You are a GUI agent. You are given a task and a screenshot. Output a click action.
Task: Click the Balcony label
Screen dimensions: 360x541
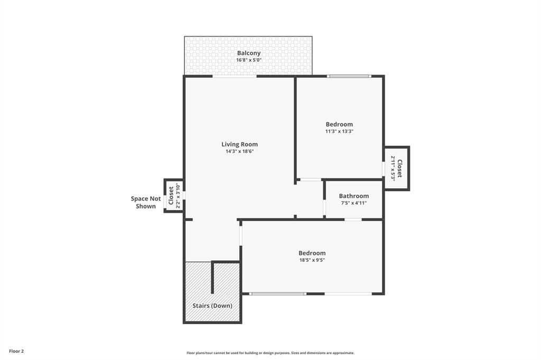tap(248, 53)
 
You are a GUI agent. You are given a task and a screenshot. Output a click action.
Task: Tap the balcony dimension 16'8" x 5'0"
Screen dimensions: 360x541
tap(248, 61)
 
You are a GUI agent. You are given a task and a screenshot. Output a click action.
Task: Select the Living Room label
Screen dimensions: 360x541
tap(239, 144)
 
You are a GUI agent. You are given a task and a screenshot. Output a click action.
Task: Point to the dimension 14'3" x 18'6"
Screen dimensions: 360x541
tap(239, 152)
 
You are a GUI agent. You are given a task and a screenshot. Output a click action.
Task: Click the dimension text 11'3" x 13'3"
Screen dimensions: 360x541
tap(339, 131)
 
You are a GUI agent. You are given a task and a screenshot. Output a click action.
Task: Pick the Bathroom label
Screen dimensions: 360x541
tap(353, 196)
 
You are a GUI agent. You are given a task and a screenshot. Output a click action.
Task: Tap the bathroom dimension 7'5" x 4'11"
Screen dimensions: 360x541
tap(353, 203)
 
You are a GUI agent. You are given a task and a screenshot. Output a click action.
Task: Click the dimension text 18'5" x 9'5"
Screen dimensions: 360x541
tap(312, 260)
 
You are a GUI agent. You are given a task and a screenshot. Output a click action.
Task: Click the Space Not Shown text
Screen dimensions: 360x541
tap(146, 202)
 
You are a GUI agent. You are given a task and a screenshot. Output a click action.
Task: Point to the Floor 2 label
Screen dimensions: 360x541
tap(16, 351)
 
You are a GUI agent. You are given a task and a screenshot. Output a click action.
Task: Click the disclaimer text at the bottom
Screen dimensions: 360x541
tap(270, 353)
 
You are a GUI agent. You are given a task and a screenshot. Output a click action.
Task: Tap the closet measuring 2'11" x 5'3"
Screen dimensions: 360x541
tap(396, 168)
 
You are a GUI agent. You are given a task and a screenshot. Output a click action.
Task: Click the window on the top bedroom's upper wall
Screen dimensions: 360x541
tap(349, 77)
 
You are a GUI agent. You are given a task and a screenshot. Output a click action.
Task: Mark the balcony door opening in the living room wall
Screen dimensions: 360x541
tap(235, 77)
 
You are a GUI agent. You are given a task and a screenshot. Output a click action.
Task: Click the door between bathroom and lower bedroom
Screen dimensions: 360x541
tap(353, 219)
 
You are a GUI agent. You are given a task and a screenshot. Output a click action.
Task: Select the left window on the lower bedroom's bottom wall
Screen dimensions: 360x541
tap(277, 293)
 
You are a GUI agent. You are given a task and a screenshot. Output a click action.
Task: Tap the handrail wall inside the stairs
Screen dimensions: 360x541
tap(212, 277)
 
